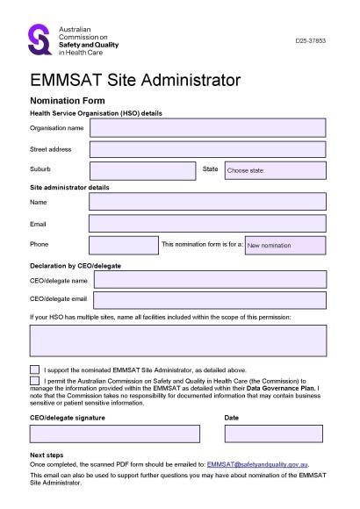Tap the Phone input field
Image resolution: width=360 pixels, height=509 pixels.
(123, 245)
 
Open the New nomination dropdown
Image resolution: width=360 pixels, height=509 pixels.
(284, 245)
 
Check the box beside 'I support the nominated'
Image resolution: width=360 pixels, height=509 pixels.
(34, 370)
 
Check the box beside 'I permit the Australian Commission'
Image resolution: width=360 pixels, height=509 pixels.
(34, 382)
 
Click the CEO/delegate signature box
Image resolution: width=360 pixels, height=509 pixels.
(114, 434)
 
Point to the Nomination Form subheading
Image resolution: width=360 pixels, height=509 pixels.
(68, 102)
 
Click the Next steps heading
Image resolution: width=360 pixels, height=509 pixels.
(47, 455)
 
